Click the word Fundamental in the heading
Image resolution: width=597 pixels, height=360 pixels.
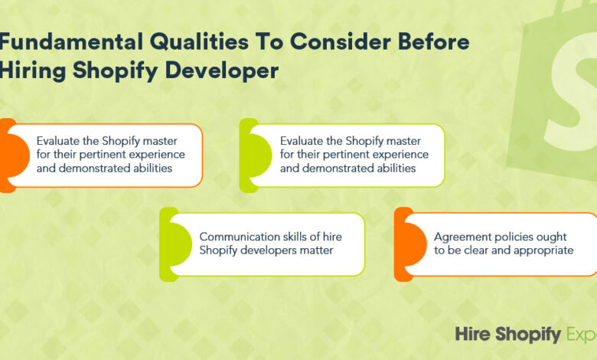pyautogui.click(x=72, y=41)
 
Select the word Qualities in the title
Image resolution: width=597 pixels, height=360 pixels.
pyautogui.click(x=199, y=41)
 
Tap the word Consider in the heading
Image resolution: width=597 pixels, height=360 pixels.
pyautogui.click(x=341, y=41)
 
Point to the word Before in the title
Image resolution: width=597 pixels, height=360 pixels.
pyautogui.click(x=434, y=41)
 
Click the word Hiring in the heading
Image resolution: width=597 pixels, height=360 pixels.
pyautogui.click(x=33, y=71)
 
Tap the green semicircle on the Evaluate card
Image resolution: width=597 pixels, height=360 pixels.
pyautogui.click(x=261, y=155)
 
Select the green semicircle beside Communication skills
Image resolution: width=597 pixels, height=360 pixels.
pyautogui.click(x=181, y=244)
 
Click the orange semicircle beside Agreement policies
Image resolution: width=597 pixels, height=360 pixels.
pyautogui.click(x=416, y=244)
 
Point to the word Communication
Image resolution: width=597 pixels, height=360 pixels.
pyautogui.click(x=234, y=237)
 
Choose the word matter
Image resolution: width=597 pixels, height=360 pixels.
pyautogui.click(x=317, y=250)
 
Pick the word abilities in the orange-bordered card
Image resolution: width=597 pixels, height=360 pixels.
pyautogui.click(x=152, y=168)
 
